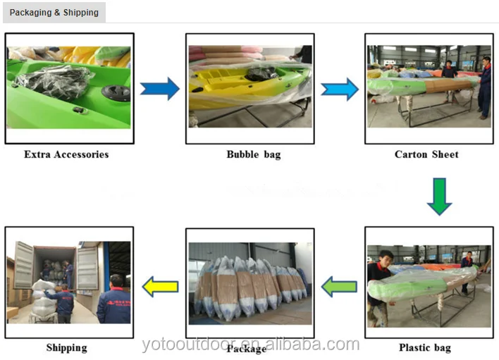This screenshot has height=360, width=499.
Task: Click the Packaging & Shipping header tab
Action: pos(54,13)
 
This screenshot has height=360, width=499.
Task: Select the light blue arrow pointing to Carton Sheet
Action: pos(340,89)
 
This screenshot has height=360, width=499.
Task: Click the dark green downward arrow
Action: pos(440,196)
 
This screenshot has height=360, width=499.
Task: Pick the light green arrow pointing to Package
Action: pos(340,286)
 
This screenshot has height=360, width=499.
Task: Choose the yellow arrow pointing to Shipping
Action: pos(160,286)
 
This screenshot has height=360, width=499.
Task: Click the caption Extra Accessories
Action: pos(66,154)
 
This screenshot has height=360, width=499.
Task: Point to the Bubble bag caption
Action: pos(253,154)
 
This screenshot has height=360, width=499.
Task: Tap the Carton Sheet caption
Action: pos(426,154)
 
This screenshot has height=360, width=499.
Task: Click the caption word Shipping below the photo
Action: pos(66,347)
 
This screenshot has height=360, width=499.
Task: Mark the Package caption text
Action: pos(246,348)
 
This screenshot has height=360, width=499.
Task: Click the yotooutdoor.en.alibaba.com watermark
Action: pos(250,345)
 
